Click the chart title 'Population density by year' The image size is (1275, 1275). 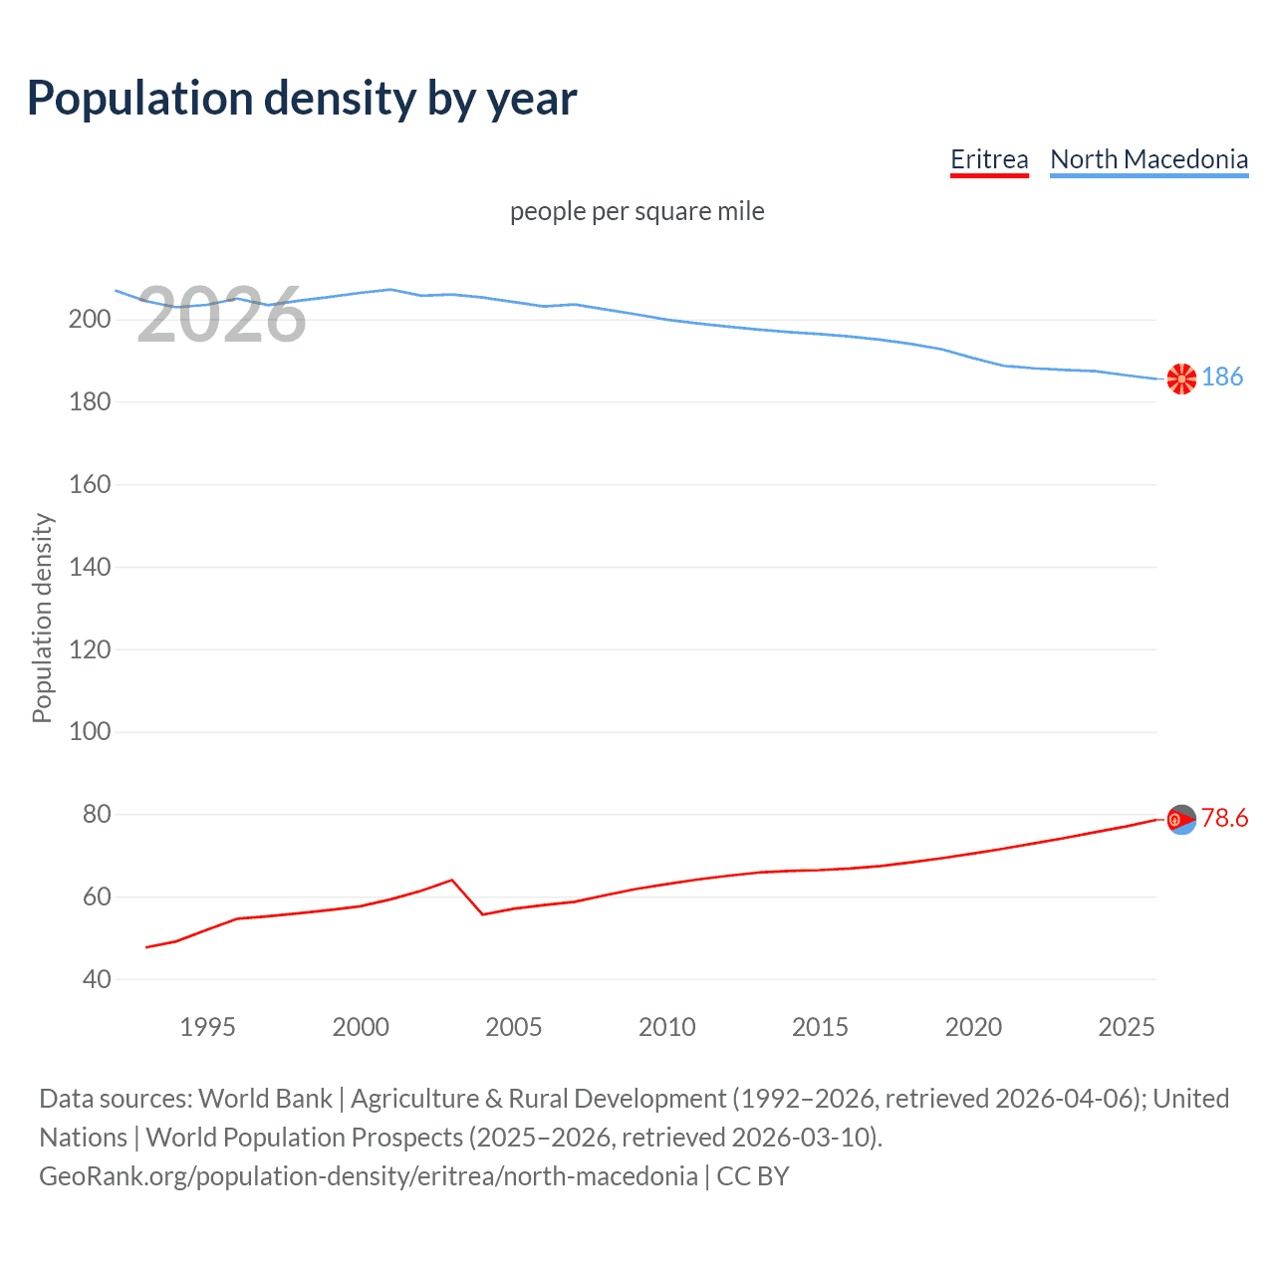(302, 99)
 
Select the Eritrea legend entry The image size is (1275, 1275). (988, 159)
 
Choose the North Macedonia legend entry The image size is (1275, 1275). (1148, 159)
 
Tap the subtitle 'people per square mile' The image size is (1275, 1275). (637, 211)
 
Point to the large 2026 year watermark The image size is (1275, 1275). (221, 316)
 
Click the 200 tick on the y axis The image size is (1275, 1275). (89, 320)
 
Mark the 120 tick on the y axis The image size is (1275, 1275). (89, 649)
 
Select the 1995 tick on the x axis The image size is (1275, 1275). (207, 1027)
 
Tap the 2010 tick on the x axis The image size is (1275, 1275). (666, 1027)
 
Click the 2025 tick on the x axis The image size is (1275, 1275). (1126, 1027)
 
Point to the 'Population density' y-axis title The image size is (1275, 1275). (42, 618)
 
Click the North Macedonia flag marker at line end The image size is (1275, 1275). (1181, 379)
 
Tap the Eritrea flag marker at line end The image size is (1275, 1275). (1181, 820)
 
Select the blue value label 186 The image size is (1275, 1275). (1222, 377)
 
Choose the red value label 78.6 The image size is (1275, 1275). (1224, 818)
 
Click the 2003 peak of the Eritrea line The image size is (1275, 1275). (452, 880)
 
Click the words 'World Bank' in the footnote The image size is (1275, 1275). (265, 1099)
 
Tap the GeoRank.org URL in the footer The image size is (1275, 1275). (368, 1176)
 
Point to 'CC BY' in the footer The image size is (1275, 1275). (753, 1176)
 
